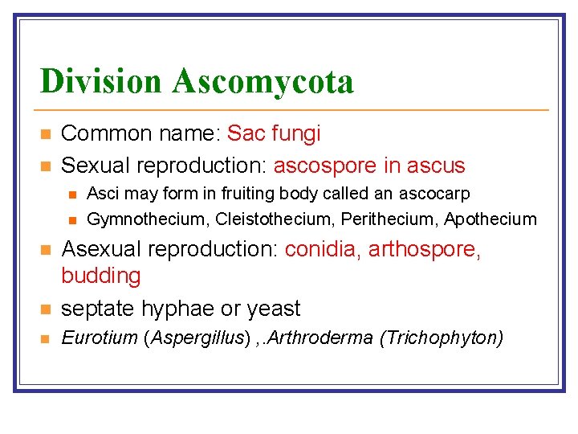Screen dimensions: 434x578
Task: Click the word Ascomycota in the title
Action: click(x=263, y=82)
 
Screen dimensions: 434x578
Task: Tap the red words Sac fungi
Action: click(x=274, y=133)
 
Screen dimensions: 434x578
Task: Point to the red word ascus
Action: click(x=436, y=166)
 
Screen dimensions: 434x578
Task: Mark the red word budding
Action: click(x=101, y=276)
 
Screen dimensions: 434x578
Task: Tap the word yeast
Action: click(x=274, y=309)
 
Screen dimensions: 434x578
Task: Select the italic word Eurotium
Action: click(x=100, y=338)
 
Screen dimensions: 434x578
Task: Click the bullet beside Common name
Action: click(x=46, y=133)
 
